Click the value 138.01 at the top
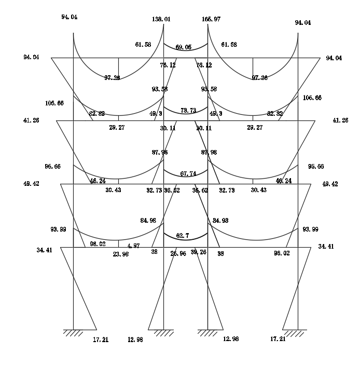point(161,19)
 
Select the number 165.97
point(211,19)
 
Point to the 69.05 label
point(183,47)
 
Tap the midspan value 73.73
point(188,111)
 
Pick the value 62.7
point(182,236)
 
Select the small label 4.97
point(133,246)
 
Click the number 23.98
point(121,254)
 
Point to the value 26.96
point(178,254)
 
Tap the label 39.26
point(199,252)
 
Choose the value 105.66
point(54,103)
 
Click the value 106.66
point(312,98)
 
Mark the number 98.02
point(98,243)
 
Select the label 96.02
point(282,253)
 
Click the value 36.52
point(172,191)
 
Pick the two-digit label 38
point(154,252)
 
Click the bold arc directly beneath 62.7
point(186,242)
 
